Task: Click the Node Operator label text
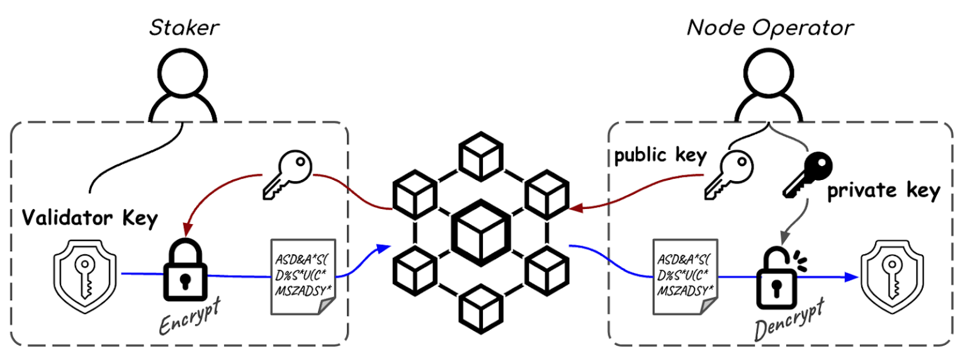(x=770, y=28)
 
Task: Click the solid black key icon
(x=806, y=172)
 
